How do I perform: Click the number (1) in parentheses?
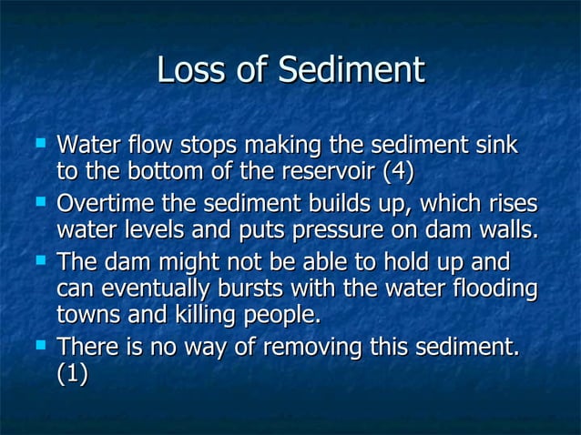point(73,375)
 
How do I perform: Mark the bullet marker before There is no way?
point(38,345)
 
